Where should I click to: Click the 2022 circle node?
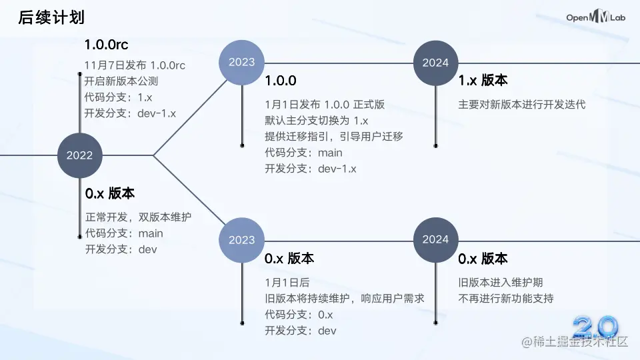pyautogui.click(x=79, y=155)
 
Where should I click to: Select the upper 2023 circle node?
pyautogui.click(x=241, y=62)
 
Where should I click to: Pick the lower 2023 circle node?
pyautogui.click(x=241, y=240)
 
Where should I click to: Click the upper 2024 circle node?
pyautogui.click(x=435, y=63)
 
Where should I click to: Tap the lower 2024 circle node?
pyautogui.click(x=435, y=239)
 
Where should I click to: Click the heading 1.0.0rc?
pyautogui.click(x=106, y=45)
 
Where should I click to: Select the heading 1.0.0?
pyautogui.click(x=280, y=81)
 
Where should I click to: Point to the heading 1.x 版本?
pyautogui.click(x=483, y=80)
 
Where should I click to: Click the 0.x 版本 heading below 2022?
pyautogui.click(x=110, y=193)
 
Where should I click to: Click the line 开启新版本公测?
pyautogui.click(x=121, y=81)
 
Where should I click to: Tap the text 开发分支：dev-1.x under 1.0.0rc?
pyautogui.click(x=130, y=113)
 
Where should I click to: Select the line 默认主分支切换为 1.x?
pyautogui.click(x=317, y=121)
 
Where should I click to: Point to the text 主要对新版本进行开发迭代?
pyautogui.click(x=522, y=105)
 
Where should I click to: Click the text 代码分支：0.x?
pyautogui.click(x=298, y=315)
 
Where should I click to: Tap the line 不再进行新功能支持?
pyautogui.click(x=505, y=298)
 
